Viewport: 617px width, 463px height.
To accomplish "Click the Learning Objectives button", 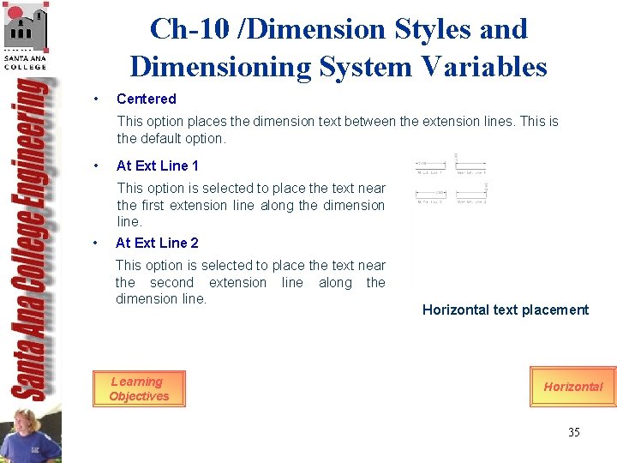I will pyautogui.click(x=139, y=388).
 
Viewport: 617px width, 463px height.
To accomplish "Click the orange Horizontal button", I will pyautogui.click(x=572, y=387).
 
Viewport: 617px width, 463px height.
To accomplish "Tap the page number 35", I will pyautogui.click(x=573, y=432).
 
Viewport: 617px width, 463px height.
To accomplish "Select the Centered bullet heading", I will pyautogui.click(x=146, y=99).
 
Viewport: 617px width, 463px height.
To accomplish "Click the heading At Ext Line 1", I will pyautogui.click(x=157, y=165).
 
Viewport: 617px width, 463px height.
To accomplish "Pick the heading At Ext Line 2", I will pyautogui.click(x=157, y=243).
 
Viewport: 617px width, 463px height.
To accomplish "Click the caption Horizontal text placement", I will pyautogui.click(x=505, y=310).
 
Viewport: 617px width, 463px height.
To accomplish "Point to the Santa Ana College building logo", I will pyautogui.click(x=26, y=30).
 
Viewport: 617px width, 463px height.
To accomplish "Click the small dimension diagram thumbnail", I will pyautogui.click(x=452, y=183).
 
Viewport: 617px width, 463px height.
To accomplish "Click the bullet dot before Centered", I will pyautogui.click(x=99, y=99).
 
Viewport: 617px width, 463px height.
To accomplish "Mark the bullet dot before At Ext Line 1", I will pyautogui.click(x=99, y=165).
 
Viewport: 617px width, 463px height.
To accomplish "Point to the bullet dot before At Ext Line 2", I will pyautogui.click(x=99, y=243).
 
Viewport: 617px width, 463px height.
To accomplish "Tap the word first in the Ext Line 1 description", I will pyautogui.click(x=152, y=205).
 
